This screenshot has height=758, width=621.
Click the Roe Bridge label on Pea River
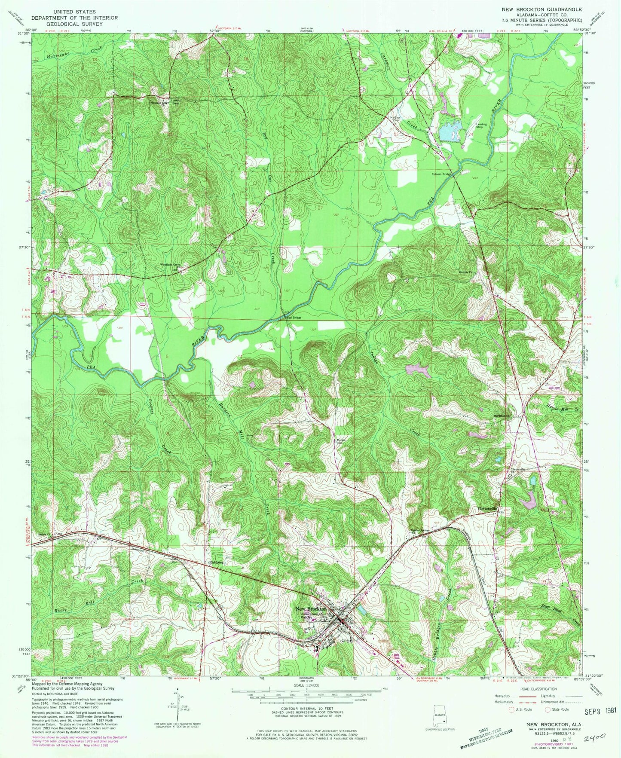294,318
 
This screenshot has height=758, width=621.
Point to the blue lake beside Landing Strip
450,131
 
